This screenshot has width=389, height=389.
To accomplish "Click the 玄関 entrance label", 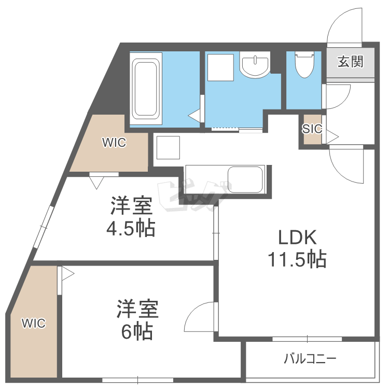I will tap(350, 62).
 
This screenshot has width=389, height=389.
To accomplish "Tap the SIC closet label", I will tap(312, 129).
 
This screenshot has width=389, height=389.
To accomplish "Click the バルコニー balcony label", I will tap(310, 358).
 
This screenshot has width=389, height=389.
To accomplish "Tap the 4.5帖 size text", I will tap(132, 228).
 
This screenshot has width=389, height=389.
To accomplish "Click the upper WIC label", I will tap(114, 143).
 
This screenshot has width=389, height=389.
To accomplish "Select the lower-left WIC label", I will tap(34, 324).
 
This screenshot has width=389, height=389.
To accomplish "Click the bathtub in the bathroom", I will tap(146, 88).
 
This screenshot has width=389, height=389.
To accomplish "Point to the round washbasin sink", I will tap(255, 66).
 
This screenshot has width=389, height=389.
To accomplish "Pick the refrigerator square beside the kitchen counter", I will tap(168, 148).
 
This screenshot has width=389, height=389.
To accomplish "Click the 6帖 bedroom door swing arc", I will tap(200, 315).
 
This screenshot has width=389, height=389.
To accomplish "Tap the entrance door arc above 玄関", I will tap(343, 26).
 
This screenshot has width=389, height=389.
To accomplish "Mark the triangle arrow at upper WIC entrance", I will tap(96, 182).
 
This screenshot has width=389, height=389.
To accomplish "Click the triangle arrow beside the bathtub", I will tap(195, 115).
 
